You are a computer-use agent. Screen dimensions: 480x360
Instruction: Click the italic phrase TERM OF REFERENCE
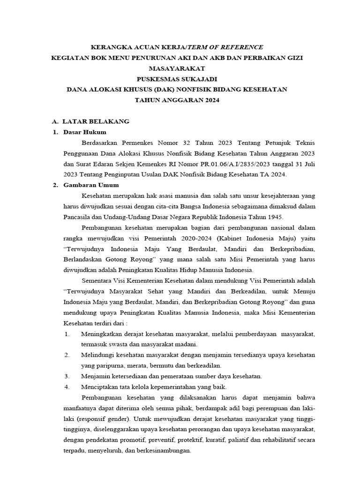pos(225,47)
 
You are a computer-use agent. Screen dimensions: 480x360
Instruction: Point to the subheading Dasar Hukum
pos(85,132)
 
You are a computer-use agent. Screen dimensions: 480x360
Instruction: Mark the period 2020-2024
pos(201,238)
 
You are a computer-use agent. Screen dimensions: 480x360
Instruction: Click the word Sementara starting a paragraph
pos(97,281)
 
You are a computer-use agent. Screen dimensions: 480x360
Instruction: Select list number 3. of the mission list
pos(67,376)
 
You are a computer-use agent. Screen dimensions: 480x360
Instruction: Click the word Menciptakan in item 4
pos(99,387)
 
